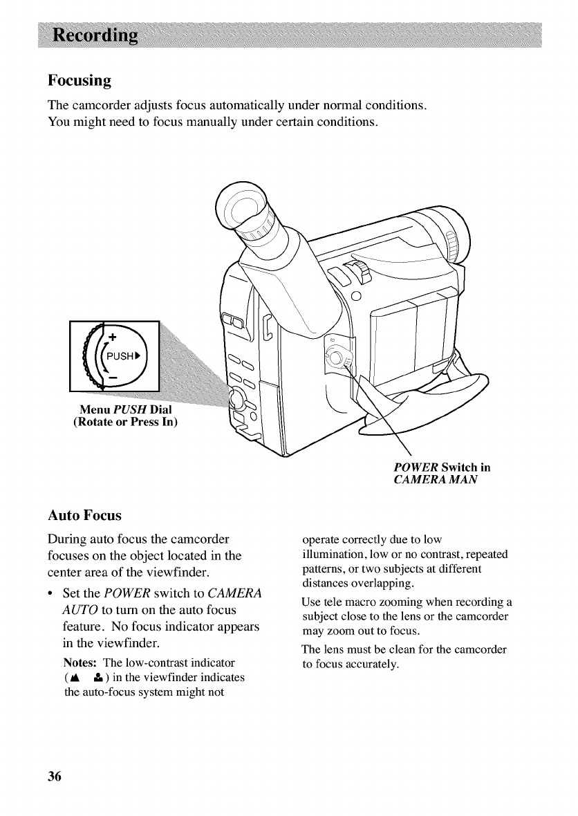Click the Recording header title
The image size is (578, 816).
click(93, 35)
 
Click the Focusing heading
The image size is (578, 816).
click(80, 80)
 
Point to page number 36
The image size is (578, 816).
click(55, 775)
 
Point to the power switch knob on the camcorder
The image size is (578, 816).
click(337, 358)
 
